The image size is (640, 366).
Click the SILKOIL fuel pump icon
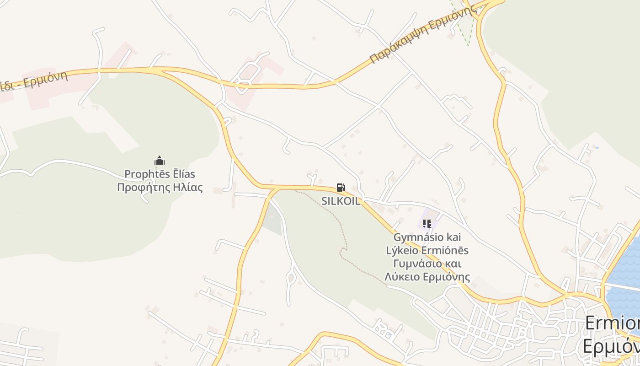[341, 188]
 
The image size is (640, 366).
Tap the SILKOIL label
[341, 201]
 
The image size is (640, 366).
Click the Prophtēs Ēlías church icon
[160, 161]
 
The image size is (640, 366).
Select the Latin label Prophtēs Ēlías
[160, 174]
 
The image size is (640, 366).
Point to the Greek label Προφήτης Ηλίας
[160, 188]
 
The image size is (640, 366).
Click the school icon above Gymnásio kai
[427, 224]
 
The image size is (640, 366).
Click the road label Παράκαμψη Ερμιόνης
[422, 36]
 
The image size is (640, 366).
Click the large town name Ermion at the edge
[612, 323]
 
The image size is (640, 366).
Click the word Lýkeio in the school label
[401, 250]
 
